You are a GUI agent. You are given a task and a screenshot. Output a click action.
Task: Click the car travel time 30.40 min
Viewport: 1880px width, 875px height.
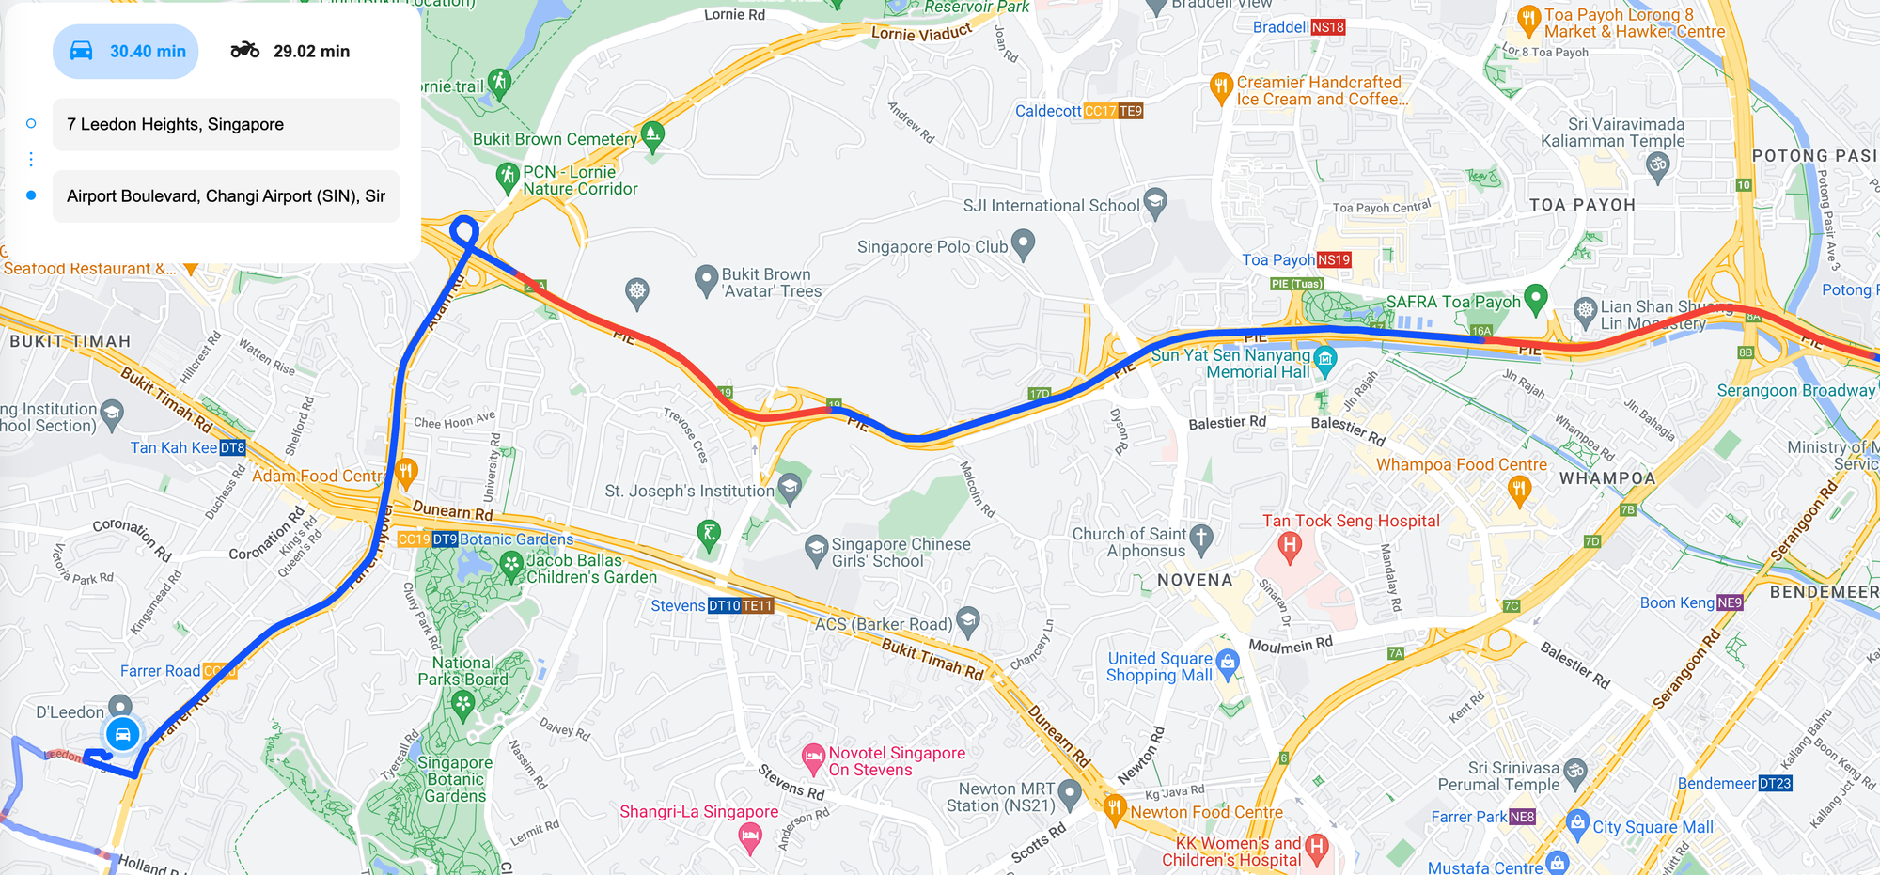point(126,52)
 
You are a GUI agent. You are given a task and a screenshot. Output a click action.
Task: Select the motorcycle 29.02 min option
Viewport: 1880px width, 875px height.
point(290,52)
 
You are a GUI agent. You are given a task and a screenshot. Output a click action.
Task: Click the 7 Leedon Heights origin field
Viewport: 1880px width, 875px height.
point(226,124)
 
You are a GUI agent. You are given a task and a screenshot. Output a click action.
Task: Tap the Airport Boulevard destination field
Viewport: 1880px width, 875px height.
point(226,196)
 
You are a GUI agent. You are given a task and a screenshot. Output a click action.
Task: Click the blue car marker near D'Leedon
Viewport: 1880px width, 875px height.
point(122,734)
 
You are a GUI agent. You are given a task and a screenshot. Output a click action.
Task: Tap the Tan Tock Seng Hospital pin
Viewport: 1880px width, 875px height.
point(1290,546)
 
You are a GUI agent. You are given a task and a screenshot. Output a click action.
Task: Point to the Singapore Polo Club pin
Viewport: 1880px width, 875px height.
point(1023,245)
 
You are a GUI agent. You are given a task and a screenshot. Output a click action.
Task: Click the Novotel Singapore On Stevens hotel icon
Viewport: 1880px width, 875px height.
point(813,757)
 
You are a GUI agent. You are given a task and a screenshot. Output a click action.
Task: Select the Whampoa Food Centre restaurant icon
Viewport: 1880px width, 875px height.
point(1519,489)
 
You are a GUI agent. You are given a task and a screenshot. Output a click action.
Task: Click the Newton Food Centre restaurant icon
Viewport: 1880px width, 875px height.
point(1115,808)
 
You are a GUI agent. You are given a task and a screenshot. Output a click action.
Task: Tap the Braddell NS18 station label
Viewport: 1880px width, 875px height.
point(1298,27)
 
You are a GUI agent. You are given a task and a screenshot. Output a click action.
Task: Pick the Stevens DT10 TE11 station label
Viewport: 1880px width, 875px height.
point(712,606)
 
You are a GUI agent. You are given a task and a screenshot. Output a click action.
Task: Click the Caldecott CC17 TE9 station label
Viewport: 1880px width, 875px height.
point(1078,111)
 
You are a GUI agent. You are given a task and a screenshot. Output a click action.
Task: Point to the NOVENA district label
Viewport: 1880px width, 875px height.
point(1195,581)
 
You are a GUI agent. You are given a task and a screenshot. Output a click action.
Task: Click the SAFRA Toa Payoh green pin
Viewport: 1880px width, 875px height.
point(1535,298)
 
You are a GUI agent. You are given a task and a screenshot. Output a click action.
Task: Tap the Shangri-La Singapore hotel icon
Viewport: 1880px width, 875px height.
point(749,836)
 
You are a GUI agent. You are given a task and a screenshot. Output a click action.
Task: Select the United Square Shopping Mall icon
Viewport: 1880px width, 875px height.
point(1227,663)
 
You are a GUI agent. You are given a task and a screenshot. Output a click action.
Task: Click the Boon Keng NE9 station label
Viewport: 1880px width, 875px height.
point(1691,603)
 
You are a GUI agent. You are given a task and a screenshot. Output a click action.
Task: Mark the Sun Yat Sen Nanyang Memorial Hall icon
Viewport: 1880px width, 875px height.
point(1324,357)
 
